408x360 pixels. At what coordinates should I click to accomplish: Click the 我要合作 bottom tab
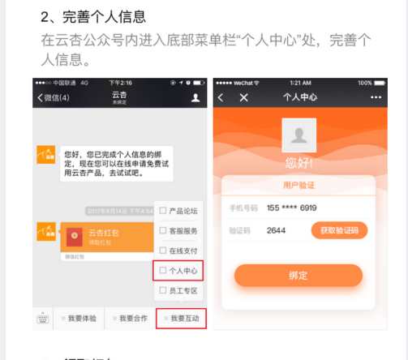click(130, 319)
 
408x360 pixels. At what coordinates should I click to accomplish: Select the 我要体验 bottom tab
click(79, 319)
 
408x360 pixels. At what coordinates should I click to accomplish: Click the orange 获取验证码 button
click(339, 230)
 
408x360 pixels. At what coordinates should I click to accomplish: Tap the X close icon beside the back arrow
click(243, 97)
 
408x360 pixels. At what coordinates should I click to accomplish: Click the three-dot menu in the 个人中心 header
click(376, 97)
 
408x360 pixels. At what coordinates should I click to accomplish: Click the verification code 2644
click(276, 230)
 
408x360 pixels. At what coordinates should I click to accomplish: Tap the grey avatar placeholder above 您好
click(298, 135)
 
